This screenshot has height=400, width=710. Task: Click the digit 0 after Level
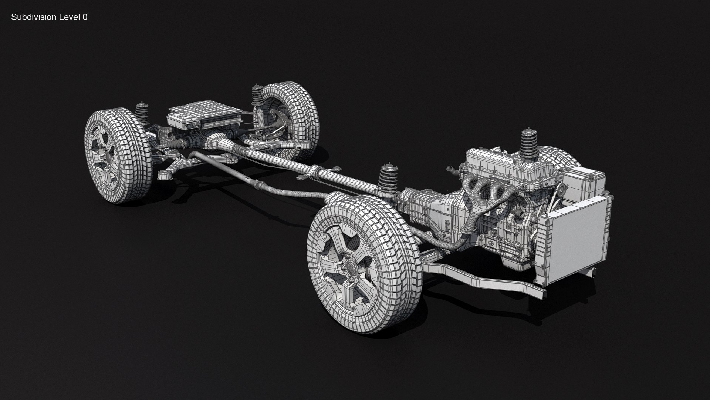[x=85, y=17]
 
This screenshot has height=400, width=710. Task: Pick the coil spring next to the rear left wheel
[x=141, y=113]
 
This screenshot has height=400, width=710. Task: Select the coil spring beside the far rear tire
[x=257, y=97]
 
